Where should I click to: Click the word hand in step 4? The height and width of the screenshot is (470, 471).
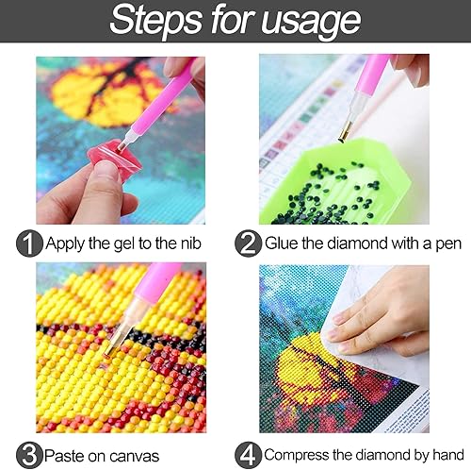[447, 454]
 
